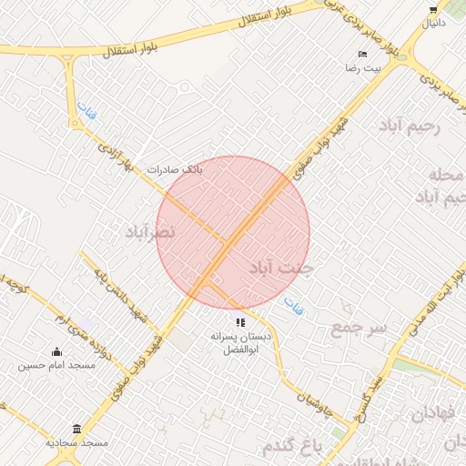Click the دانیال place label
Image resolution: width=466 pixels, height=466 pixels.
[432, 22]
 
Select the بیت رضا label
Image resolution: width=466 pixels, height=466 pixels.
[357, 68]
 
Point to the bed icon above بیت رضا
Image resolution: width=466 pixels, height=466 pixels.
[363, 55]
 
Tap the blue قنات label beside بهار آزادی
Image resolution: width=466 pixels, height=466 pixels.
[86, 112]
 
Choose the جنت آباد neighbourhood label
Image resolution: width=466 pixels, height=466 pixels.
[279, 268]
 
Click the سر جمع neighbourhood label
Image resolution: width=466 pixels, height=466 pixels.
[360, 326]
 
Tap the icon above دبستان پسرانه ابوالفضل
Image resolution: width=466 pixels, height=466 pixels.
[240, 322]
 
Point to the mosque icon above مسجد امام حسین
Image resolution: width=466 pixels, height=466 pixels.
[57, 352]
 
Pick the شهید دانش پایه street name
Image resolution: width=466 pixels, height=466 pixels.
[115, 295]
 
